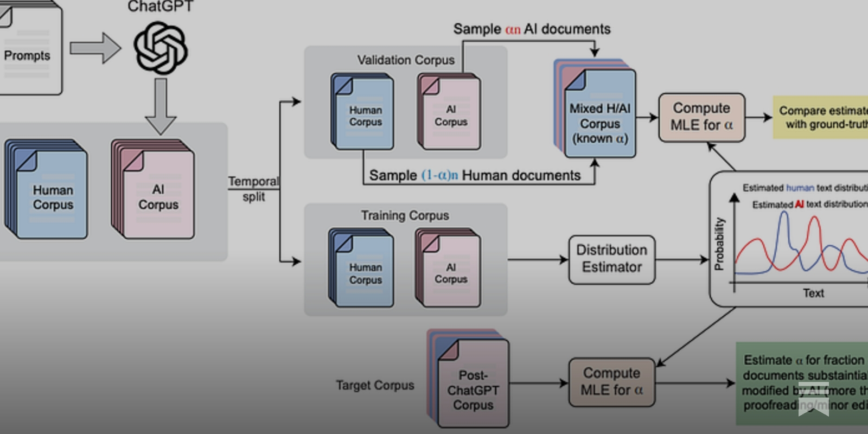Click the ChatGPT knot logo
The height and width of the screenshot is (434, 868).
(x=161, y=48)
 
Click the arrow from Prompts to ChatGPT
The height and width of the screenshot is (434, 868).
(x=95, y=48)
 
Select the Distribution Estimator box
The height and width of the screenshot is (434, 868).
(x=611, y=259)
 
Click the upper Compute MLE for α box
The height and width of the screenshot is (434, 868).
(x=701, y=117)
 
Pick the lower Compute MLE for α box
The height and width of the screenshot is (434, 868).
(x=611, y=382)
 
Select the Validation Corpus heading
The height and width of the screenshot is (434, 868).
(x=406, y=60)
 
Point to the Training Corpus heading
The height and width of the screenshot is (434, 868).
(x=405, y=216)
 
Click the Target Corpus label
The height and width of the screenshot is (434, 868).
(x=375, y=385)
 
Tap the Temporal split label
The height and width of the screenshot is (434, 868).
(x=253, y=189)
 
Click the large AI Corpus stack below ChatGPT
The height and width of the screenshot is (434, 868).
(x=154, y=190)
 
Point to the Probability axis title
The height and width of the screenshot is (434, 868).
(x=719, y=244)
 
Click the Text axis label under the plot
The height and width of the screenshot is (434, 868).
(x=813, y=293)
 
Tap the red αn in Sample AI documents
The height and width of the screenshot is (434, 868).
(x=513, y=29)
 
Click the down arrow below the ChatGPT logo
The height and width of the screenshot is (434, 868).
(x=161, y=106)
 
